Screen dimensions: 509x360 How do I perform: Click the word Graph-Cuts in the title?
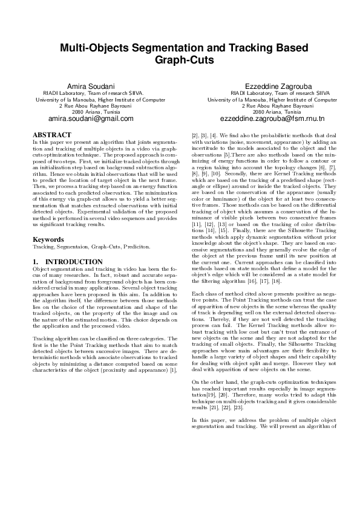[180, 60]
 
